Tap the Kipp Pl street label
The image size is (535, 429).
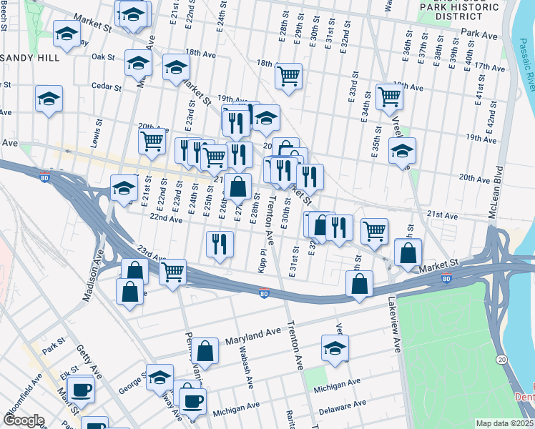(263, 260)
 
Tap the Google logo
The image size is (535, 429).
(24, 420)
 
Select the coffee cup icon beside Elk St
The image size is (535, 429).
(82, 390)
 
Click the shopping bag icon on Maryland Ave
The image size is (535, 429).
(205, 350)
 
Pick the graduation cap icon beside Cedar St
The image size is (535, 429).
(49, 99)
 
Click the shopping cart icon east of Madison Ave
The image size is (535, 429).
(172, 272)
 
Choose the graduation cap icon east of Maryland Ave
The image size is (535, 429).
(334, 348)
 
